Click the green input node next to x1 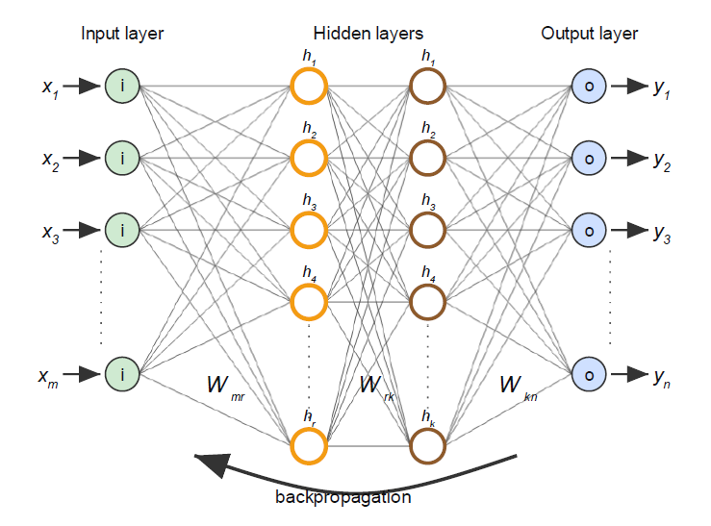click(123, 87)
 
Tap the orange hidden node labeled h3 click(309, 230)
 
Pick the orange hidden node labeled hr click(309, 445)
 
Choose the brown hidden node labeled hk click(427, 445)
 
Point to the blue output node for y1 click(589, 87)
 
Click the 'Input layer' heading click(122, 34)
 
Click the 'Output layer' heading click(589, 34)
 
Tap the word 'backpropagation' click(343, 497)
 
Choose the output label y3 click(661, 234)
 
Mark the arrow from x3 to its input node click(84, 230)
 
